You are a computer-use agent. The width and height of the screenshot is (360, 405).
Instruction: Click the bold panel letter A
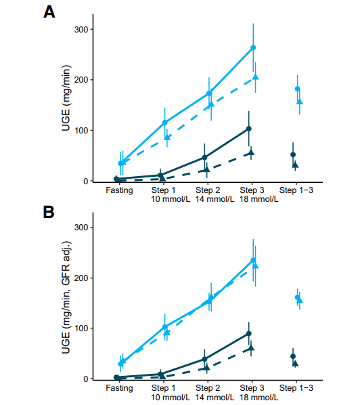49,12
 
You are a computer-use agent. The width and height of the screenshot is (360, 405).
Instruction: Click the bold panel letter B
49,212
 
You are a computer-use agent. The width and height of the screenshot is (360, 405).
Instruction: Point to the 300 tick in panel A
81,29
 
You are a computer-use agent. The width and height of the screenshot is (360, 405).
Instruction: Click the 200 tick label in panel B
81,278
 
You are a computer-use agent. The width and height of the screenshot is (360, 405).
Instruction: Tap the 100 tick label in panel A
81,131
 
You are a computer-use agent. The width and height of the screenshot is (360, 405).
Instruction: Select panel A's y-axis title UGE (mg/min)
66,98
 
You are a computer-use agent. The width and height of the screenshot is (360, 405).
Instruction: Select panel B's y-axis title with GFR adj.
66,297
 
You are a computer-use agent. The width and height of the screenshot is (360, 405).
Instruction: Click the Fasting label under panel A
119,190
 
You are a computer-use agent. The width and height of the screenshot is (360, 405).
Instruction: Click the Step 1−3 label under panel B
296,388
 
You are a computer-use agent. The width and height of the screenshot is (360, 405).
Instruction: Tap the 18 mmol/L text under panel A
259,199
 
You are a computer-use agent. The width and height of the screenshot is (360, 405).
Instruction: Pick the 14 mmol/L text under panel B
215,397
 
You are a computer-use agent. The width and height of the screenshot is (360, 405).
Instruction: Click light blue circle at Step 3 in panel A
253,47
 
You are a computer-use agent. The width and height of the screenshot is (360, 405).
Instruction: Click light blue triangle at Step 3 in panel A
256,77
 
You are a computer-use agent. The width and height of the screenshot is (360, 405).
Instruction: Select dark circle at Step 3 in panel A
249,129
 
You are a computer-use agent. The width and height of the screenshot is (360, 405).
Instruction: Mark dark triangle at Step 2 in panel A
206,169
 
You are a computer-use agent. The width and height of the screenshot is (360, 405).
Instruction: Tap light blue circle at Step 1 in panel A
165,123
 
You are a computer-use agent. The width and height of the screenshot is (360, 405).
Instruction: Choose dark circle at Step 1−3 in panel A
293,154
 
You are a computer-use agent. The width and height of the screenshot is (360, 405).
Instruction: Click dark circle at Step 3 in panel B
249,333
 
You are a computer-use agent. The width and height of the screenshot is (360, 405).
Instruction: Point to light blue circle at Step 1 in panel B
165,327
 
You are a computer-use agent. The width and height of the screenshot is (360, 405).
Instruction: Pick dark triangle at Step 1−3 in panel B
295,364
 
